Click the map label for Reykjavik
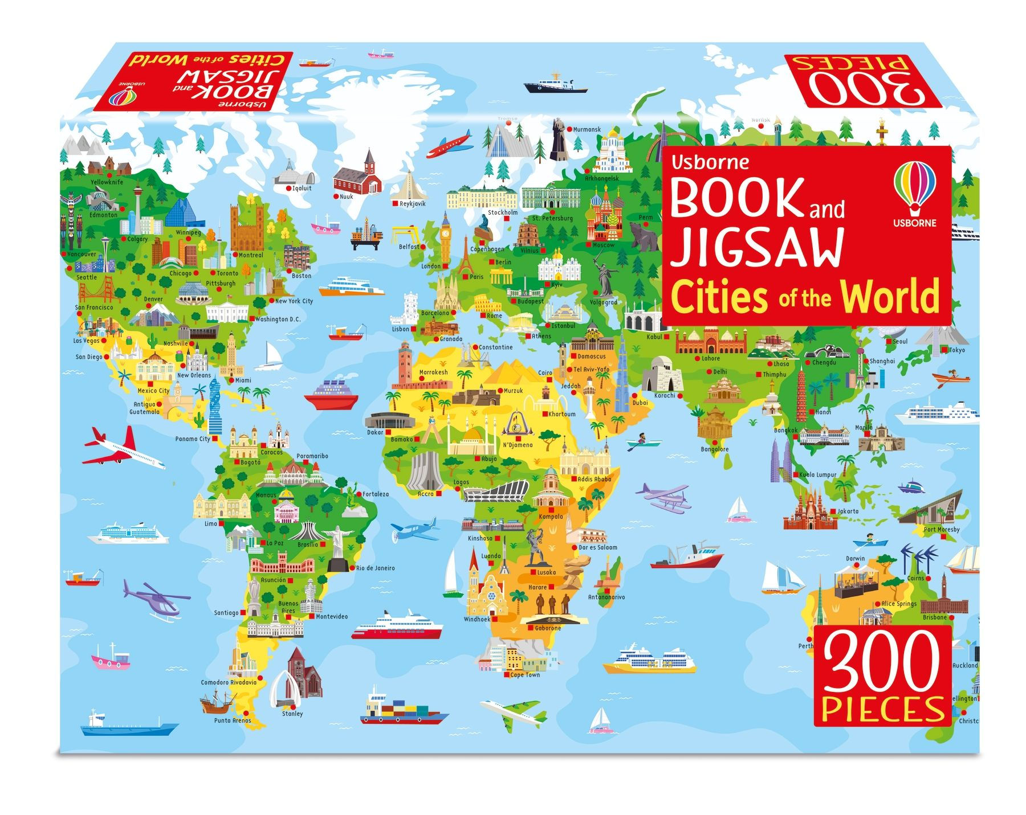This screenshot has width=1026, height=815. (412, 203)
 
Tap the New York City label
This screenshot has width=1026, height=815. (294, 301)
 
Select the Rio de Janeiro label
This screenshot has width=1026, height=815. (375, 568)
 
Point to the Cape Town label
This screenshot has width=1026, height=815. (524, 675)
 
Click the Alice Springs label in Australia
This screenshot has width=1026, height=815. (899, 604)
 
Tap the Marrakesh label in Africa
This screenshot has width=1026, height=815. (433, 372)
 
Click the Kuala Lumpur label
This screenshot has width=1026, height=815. (818, 474)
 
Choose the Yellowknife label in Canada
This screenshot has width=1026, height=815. (107, 182)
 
